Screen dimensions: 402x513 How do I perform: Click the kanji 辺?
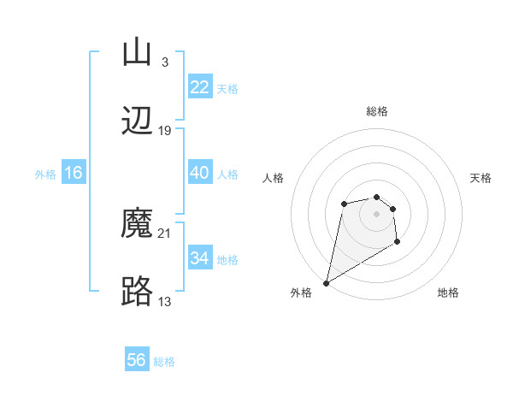[x=137, y=121]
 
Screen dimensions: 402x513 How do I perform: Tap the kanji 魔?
[x=137, y=223]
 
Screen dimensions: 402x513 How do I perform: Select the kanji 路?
[x=137, y=292]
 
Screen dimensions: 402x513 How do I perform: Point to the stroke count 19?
[x=165, y=131]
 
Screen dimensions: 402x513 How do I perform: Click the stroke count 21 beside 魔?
[x=165, y=234]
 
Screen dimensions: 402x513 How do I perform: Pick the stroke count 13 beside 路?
[x=165, y=301]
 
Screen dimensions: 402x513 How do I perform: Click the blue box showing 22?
[x=199, y=87]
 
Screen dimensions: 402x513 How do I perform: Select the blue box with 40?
[x=199, y=173]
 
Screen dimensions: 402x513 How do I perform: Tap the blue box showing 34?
[x=199, y=258]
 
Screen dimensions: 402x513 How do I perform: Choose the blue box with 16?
[x=74, y=173]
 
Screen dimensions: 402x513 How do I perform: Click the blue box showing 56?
[x=137, y=360]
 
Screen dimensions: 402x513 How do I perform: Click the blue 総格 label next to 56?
[x=164, y=362]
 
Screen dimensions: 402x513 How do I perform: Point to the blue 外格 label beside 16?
[x=45, y=174]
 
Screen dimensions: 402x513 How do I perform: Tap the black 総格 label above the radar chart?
[x=377, y=111]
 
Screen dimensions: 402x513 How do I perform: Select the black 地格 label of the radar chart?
[x=448, y=293]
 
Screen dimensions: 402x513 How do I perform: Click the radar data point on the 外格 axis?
[x=326, y=282]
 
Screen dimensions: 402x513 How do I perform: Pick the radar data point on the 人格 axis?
[x=344, y=204]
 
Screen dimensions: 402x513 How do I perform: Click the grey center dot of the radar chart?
[x=376, y=213]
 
